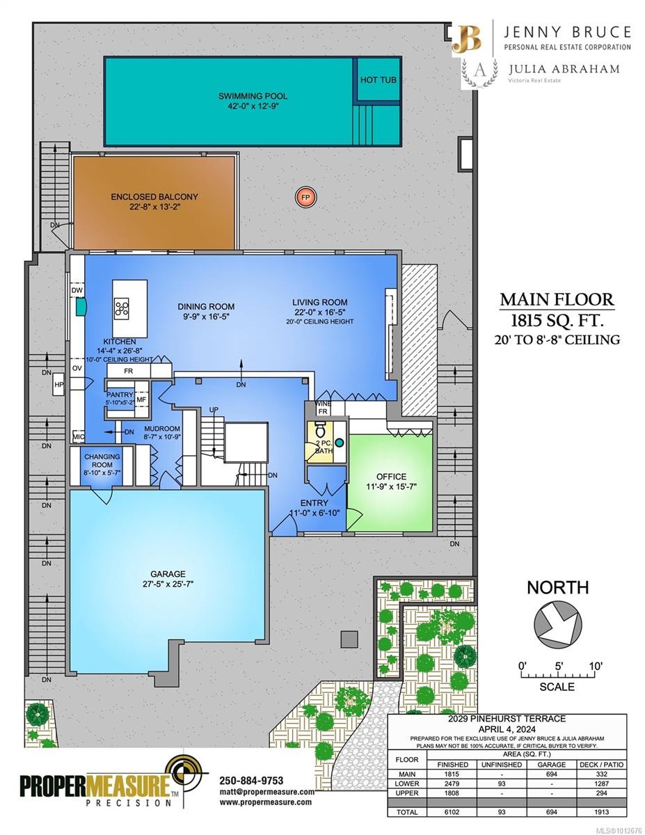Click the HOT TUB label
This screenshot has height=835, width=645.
pyautogui.click(x=379, y=80)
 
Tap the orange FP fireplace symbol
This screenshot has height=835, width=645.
pyautogui.click(x=305, y=198)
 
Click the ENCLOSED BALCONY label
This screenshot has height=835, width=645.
pyautogui.click(x=154, y=197)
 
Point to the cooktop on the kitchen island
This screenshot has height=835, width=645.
pyautogui.click(x=122, y=308)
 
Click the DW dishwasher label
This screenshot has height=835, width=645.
pyautogui.click(x=77, y=290)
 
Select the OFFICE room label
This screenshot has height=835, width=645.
pyautogui.click(x=391, y=477)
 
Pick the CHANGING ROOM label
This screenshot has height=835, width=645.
pyautogui.click(x=102, y=461)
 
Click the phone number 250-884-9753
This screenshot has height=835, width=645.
pyautogui.click(x=251, y=780)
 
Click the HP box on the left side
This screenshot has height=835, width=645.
pyautogui.click(x=59, y=384)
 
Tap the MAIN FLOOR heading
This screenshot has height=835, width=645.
pyautogui.click(x=557, y=300)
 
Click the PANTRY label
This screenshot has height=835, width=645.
pyautogui.click(x=119, y=395)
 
